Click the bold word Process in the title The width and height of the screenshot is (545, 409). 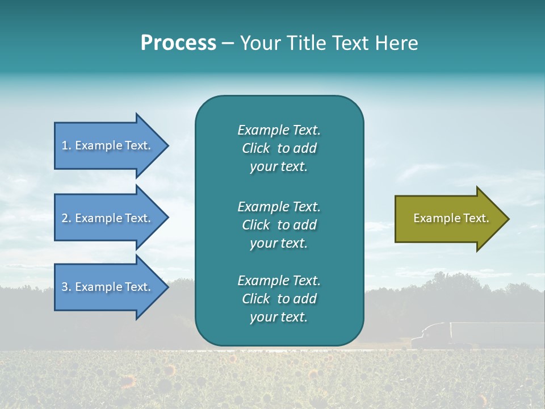click(178, 43)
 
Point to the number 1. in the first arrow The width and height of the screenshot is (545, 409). click(66, 145)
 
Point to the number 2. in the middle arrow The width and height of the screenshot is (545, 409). click(66, 218)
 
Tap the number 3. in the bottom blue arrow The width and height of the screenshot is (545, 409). click(66, 287)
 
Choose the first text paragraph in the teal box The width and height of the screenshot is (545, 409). click(279, 148)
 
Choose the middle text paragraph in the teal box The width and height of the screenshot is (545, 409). click(279, 225)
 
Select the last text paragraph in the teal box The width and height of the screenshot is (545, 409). click(279, 299)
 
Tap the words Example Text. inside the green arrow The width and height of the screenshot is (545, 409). click(451, 218)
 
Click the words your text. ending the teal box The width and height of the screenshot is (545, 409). click(279, 318)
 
